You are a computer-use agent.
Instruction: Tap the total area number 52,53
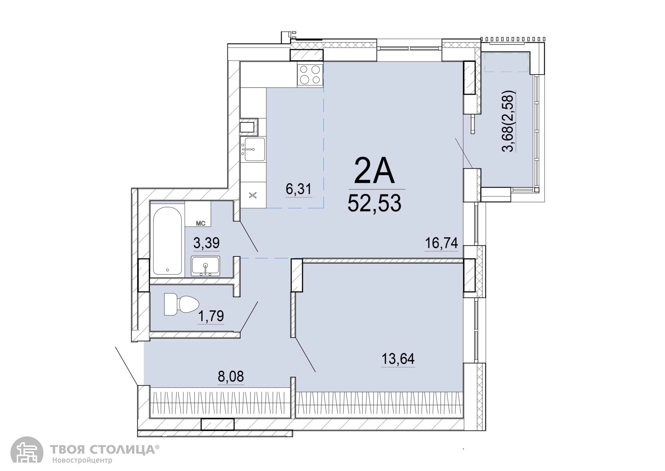pyautogui.click(x=374, y=203)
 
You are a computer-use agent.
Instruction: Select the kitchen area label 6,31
pyautogui.click(x=299, y=189)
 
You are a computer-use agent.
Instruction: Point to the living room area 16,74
pyautogui.click(x=442, y=243)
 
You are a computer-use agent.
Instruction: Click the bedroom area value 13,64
pyautogui.click(x=398, y=359)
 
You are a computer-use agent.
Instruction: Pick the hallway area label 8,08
pyautogui.click(x=231, y=376)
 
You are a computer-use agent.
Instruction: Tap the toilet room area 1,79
pyautogui.click(x=211, y=316)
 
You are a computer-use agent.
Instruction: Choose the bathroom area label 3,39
pyautogui.click(x=206, y=243)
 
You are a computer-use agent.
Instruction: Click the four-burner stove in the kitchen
pyautogui.click(x=310, y=75)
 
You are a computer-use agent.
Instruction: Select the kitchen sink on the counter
pyautogui.click(x=255, y=149)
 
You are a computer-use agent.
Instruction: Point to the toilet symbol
pyautogui.click(x=181, y=304)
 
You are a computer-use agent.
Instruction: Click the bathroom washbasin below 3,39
pyautogui.click(x=205, y=266)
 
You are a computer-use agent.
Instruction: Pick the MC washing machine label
pyautogui.click(x=201, y=224)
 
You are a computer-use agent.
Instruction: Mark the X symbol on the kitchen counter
pyautogui.click(x=253, y=195)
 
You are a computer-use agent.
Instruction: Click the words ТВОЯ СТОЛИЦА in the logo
pyautogui.click(x=103, y=450)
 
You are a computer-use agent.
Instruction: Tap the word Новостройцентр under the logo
pyautogui.click(x=82, y=461)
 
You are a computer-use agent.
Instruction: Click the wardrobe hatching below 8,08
pyautogui.click(x=220, y=404)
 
